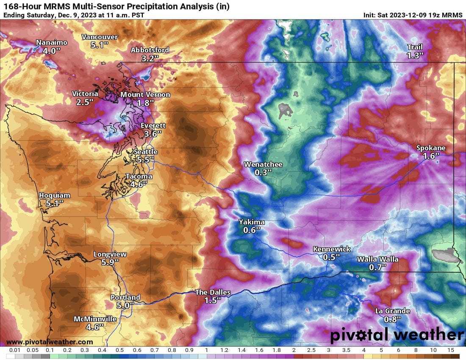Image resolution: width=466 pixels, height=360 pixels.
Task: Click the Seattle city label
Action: (x=145, y=152)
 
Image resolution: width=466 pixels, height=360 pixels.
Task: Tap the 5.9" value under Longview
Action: (x=110, y=262)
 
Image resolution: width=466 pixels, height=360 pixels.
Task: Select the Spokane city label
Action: (x=431, y=148)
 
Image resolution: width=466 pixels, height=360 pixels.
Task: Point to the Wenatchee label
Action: (x=263, y=164)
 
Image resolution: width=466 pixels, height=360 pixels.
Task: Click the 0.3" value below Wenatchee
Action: (x=263, y=172)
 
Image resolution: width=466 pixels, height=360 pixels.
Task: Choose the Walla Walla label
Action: (x=377, y=259)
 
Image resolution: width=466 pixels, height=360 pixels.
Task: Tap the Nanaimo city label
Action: (x=51, y=42)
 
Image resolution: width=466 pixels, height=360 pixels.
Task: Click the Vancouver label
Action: (x=100, y=37)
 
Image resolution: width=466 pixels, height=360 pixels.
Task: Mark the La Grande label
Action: (x=392, y=311)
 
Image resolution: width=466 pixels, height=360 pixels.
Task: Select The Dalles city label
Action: (x=213, y=292)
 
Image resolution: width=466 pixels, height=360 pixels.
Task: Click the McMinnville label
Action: (x=95, y=319)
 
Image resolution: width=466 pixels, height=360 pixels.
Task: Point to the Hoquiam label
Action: (x=55, y=195)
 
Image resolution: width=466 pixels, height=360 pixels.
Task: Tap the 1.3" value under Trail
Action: (x=415, y=55)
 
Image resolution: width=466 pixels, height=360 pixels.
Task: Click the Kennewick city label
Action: (x=332, y=249)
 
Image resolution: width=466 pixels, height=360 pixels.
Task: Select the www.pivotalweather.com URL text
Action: (x=50, y=342)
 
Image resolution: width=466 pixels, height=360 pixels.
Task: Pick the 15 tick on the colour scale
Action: (x=450, y=351)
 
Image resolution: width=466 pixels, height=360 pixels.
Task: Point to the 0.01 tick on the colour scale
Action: (x=15, y=351)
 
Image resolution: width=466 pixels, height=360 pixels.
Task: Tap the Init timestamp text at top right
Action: (x=413, y=15)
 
